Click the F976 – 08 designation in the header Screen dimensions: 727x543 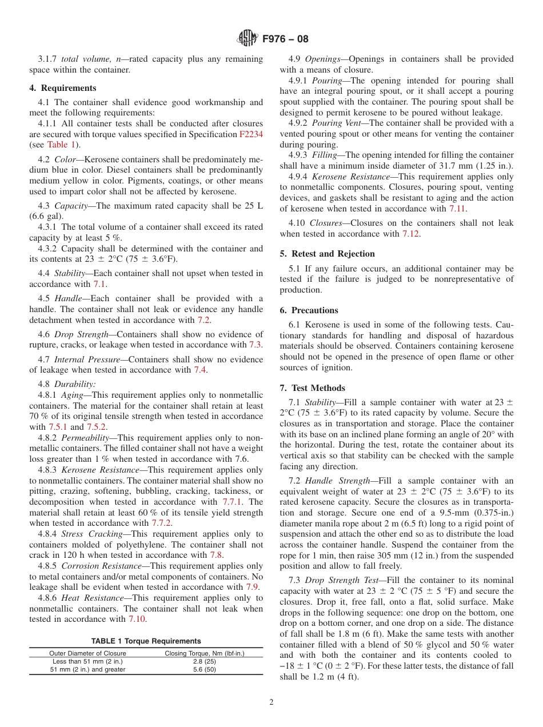285,39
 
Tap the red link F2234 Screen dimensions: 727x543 251,134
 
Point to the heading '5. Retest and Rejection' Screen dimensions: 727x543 327,254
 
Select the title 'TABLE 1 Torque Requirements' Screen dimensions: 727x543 146,641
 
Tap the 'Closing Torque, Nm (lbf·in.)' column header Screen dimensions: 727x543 204,653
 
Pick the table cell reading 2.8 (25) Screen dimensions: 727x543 204,661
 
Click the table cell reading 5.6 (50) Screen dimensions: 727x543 204,669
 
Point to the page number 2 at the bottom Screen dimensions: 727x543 271,702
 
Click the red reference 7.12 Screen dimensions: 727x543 410,234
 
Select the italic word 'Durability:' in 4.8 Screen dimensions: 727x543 75,385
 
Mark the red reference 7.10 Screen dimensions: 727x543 137,619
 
